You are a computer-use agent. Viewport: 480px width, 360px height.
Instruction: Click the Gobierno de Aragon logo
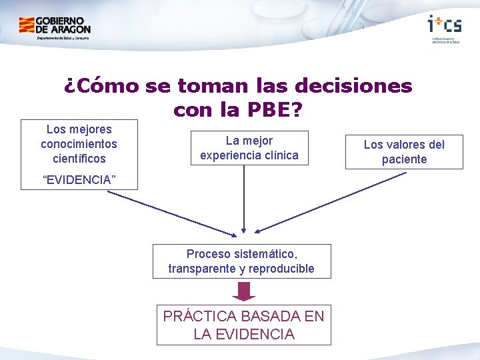[x=55, y=27]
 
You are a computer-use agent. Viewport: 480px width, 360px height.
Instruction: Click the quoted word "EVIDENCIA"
[x=79, y=180]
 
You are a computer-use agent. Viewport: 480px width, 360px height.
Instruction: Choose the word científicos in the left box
[x=79, y=159]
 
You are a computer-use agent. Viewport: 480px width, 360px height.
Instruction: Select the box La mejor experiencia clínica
[x=249, y=148]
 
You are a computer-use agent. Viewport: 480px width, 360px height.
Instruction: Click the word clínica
[x=281, y=155]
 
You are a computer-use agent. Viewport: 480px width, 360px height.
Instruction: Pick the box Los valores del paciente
[x=404, y=152]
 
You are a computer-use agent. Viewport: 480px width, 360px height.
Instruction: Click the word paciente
[x=404, y=159]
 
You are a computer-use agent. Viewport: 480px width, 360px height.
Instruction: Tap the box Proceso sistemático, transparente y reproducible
[x=241, y=261]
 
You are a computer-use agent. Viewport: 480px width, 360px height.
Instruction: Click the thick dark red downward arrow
[x=245, y=291]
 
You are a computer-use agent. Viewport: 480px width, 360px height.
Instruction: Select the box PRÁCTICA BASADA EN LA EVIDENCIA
[x=244, y=325]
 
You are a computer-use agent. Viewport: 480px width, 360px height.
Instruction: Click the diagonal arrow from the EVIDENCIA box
[x=172, y=213]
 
